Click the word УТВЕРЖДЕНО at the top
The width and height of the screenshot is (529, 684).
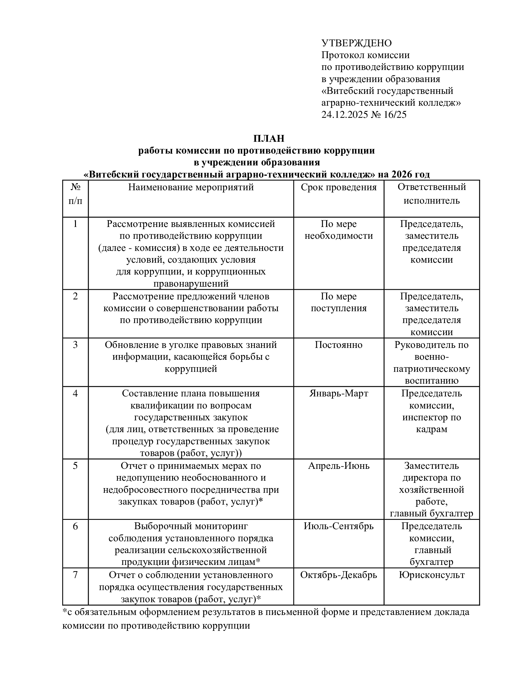click(x=356, y=43)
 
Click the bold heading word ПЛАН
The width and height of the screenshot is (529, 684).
click(x=269, y=138)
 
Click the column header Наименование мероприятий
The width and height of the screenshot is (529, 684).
click(x=191, y=187)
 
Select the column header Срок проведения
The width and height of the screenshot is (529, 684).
click(x=339, y=187)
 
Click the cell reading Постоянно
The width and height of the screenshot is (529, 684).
click(x=339, y=345)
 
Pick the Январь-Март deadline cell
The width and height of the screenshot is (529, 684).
click(x=339, y=393)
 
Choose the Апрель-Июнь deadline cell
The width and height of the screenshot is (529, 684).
click(x=339, y=466)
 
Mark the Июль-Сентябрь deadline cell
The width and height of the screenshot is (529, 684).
click(x=339, y=526)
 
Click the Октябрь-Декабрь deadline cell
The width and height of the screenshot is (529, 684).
click(x=339, y=575)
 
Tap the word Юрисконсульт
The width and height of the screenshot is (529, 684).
click(x=432, y=575)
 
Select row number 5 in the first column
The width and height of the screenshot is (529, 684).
click(x=75, y=466)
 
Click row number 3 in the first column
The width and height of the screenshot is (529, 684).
click(x=75, y=345)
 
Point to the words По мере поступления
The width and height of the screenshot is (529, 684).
click(x=339, y=302)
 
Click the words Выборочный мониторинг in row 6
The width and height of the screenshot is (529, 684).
click(x=191, y=526)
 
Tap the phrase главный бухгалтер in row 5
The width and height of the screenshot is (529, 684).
click(x=432, y=514)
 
